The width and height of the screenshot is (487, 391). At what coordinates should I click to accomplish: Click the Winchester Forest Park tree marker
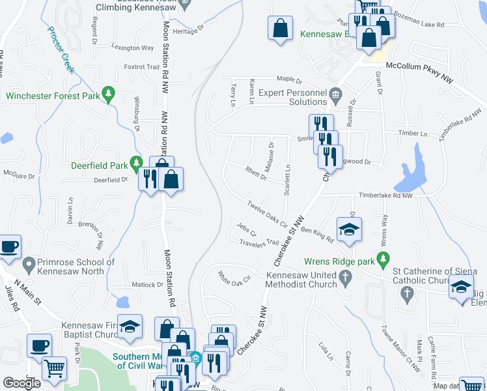109,96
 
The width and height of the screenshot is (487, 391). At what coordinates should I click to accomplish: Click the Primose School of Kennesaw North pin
29,265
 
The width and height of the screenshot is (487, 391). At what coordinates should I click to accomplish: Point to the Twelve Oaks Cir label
267,213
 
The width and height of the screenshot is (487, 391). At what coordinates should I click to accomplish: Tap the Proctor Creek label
61,43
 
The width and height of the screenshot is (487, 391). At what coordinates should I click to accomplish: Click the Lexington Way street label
132,48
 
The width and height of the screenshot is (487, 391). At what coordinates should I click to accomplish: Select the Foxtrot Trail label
141,66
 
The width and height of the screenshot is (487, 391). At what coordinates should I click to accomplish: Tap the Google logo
21,383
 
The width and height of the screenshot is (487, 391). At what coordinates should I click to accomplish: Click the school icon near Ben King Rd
349,229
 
